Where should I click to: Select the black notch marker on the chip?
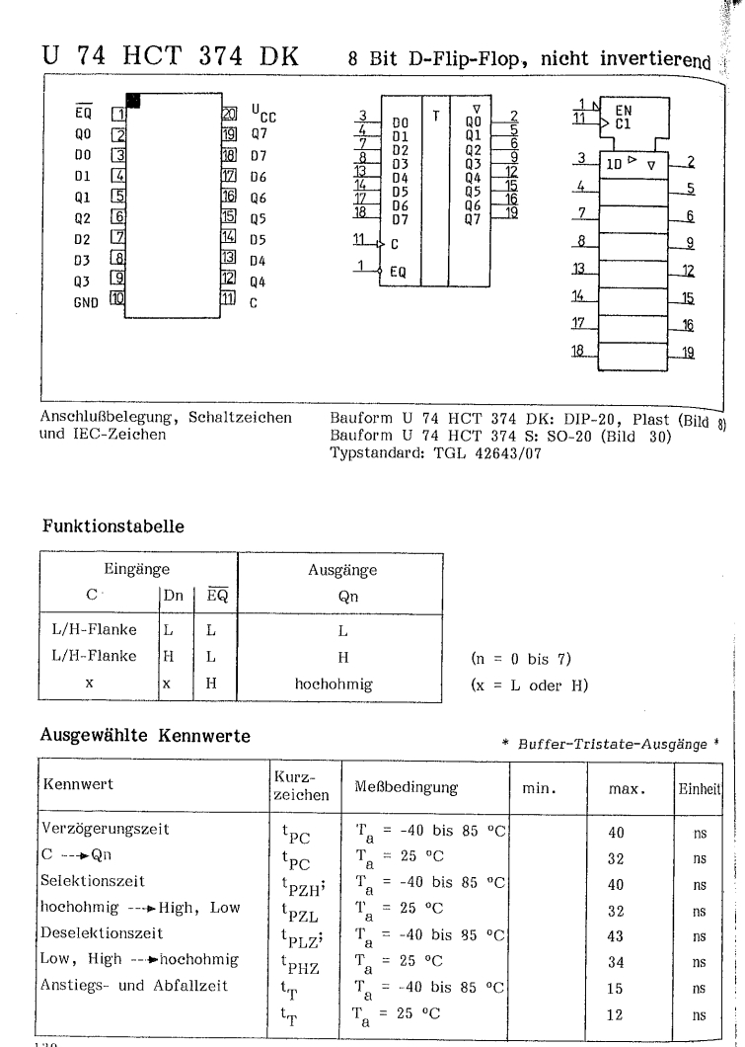click(133, 100)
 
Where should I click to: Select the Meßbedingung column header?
click(407, 787)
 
